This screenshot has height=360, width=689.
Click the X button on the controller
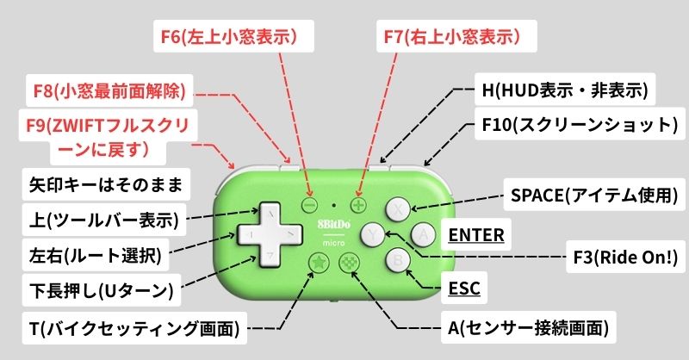tap(397, 208)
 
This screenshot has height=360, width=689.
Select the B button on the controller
tap(397, 258)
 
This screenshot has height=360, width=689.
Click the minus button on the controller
tap(311, 206)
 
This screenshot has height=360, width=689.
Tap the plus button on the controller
tap(357, 206)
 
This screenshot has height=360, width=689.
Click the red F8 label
tap(109, 89)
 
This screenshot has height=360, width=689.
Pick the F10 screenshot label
tap(578, 125)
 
